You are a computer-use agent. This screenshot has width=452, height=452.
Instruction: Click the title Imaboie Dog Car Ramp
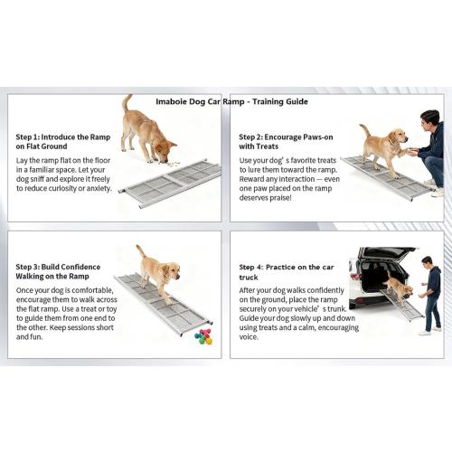click(231, 102)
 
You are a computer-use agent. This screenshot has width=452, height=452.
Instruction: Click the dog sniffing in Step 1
click(147, 131)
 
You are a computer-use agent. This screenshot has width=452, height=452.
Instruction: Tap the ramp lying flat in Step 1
click(172, 184)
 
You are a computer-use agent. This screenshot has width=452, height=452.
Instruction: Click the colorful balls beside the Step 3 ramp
click(203, 336)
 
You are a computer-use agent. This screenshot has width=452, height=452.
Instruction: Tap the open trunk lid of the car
click(387, 254)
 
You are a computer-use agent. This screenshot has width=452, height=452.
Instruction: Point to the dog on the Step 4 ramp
click(398, 288)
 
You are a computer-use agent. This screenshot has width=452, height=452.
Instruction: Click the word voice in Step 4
click(250, 336)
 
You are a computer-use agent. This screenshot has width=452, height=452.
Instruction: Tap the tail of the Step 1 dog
click(127, 103)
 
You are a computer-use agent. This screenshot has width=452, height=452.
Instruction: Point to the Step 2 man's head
click(431, 119)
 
